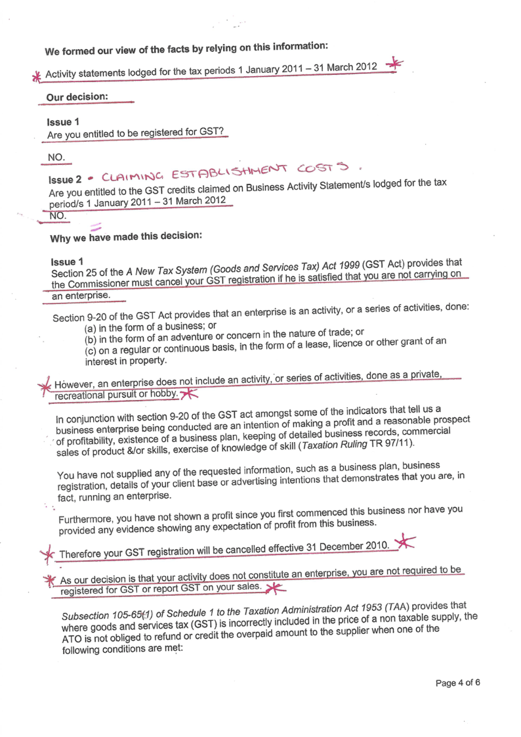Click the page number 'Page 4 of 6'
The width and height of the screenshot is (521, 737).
tap(457, 682)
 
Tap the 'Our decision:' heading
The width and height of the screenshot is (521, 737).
tap(77, 97)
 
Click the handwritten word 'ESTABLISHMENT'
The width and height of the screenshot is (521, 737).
tap(225, 172)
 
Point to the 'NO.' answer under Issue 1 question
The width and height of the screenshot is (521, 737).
tap(57, 157)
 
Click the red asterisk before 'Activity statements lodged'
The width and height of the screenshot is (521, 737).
tap(36, 76)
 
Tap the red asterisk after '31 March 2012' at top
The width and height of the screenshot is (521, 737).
tap(394, 63)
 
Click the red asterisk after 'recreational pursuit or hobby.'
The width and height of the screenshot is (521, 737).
tap(189, 393)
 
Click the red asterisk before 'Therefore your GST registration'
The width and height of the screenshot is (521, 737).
tap(48, 556)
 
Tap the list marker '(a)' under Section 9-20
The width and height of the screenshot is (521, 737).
tap(92, 328)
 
